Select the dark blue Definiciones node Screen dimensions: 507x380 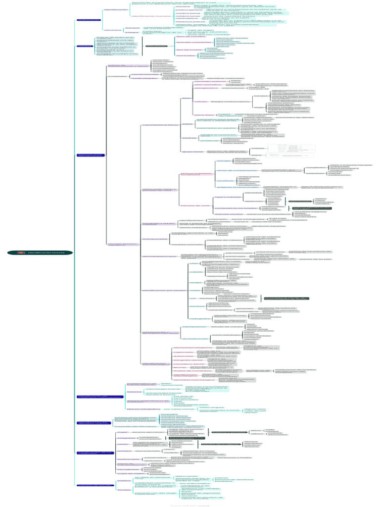pyautogui.click(x=89, y=20)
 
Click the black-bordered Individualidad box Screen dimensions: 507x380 pyautogui.click(x=155, y=46)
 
